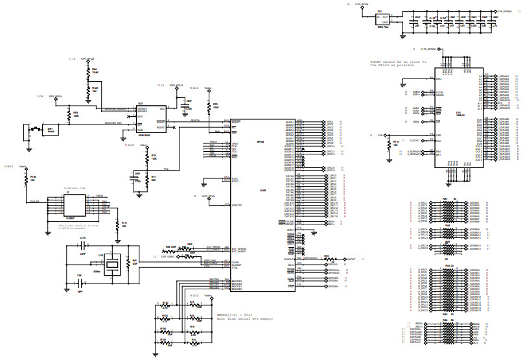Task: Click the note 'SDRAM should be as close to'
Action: click(398, 62)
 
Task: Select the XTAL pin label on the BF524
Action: click(226, 266)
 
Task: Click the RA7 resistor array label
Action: click(445, 198)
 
